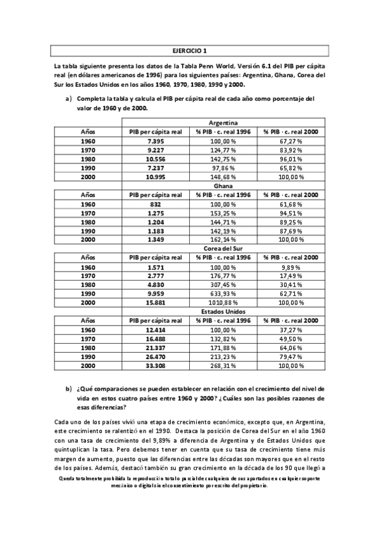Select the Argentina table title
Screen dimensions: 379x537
(x=223, y=122)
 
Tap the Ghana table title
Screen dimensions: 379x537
(x=223, y=186)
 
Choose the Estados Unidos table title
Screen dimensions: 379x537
(x=223, y=312)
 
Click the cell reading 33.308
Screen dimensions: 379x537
(x=156, y=366)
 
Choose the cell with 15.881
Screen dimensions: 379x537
(x=156, y=303)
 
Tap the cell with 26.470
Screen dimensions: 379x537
(x=156, y=357)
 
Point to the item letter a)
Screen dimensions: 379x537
(x=68, y=99)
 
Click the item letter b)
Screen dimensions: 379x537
(x=68, y=388)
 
